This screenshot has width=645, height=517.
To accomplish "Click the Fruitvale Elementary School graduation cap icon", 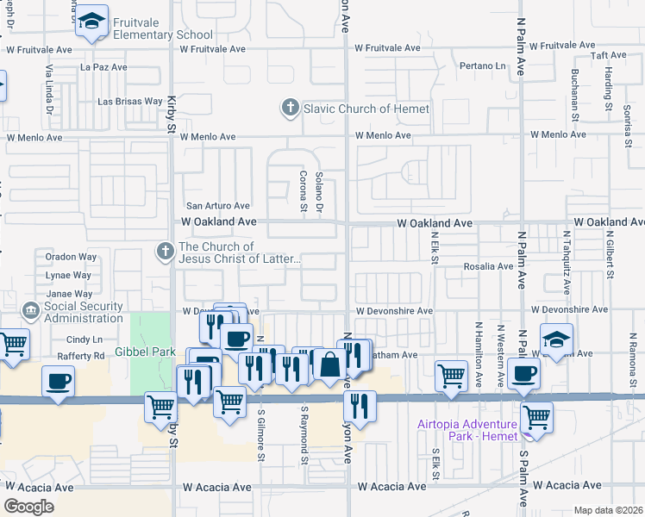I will click(x=90, y=23).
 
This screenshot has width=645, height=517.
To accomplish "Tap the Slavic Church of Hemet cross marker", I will click(x=290, y=109).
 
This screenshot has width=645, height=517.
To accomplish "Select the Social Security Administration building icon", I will click(x=31, y=308).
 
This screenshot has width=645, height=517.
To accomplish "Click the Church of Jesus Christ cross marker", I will click(x=165, y=252).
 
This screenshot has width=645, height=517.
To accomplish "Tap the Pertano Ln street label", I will click(x=482, y=65).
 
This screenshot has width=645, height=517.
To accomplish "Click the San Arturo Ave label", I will click(x=218, y=206).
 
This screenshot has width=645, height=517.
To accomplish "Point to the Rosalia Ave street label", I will click(x=488, y=266).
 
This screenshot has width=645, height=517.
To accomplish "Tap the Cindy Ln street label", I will click(x=84, y=339).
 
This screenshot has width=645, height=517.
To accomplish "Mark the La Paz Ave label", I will click(x=103, y=66).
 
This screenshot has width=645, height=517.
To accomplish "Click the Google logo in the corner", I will click(x=28, y=507).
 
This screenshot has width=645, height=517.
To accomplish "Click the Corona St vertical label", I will click(x=304, y=190).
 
